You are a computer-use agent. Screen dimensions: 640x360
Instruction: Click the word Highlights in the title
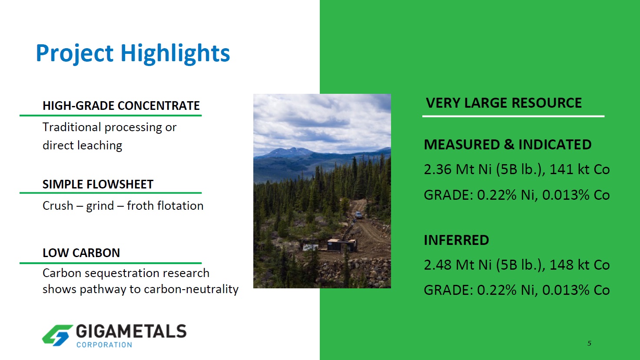coord(175,54)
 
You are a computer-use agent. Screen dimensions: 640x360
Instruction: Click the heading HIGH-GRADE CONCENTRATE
coord(121,106)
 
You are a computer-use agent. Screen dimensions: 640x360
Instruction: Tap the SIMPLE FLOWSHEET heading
coord(98,185)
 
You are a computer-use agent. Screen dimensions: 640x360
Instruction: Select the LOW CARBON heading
coord(81,253)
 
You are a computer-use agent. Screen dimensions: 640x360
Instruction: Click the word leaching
coord(99,145)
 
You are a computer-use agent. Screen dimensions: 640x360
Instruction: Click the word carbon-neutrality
coord(191,289)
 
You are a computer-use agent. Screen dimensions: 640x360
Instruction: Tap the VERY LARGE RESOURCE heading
coord(504,103)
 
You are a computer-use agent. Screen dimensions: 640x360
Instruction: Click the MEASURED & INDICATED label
coord(508,145)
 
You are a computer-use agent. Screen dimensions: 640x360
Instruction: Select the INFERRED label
coord(457,240)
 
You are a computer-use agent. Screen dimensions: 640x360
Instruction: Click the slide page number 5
coord(589,343)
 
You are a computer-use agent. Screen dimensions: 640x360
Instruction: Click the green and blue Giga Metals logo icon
coord(57,335)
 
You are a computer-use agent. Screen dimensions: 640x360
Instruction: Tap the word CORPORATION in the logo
coord(104,344)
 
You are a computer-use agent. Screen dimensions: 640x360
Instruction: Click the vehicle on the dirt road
coord(358,215)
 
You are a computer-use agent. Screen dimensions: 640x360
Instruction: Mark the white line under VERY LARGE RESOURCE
coord(514,116)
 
